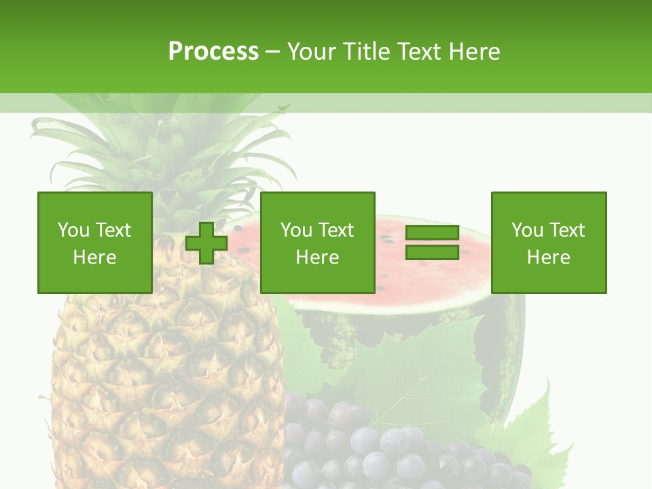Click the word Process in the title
(213, 52)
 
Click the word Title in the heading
(364, 52)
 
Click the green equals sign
(432, 242)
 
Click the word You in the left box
(73, 230)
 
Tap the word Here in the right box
(549, 257)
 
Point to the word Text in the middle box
(336, 230)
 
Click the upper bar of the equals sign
(432, 233)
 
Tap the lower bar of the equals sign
(432, 252)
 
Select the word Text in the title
(416, 52)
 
